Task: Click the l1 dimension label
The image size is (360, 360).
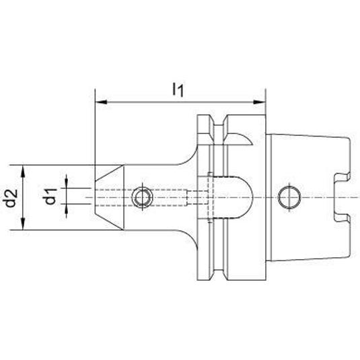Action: [178, 90]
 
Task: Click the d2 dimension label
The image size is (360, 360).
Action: [11, 198]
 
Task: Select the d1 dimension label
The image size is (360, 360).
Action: [50, 196]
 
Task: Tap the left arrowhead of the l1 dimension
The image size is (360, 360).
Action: [101, 102]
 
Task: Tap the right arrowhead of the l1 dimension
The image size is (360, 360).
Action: [260, 102]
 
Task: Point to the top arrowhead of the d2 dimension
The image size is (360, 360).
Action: [23, 171]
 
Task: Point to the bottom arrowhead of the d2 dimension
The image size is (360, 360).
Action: [23, 223]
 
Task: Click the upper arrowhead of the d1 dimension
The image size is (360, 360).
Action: [67, 182]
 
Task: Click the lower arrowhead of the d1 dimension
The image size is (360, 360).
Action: [67, 211]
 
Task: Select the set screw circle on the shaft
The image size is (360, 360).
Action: [143, 197]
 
